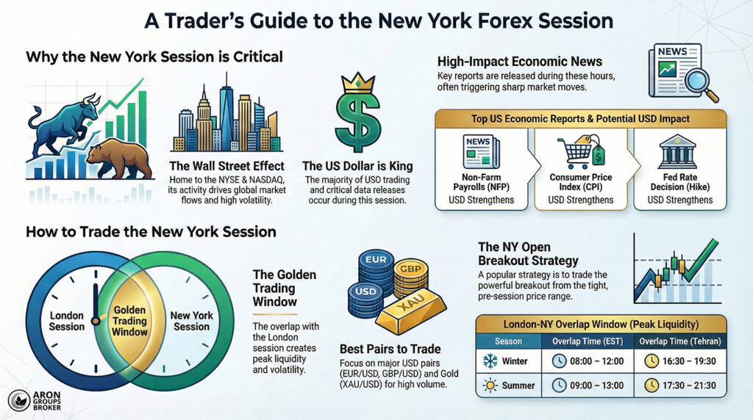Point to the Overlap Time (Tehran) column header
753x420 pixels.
coord(678,340)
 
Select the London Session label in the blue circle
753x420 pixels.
coord(67,321)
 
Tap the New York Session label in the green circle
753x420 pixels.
coord(192,321)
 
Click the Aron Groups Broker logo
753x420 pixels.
coord(37,400)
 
